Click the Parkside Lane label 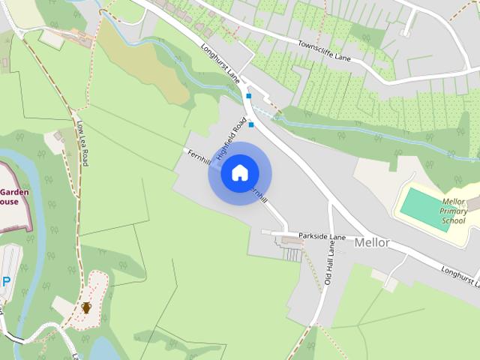[322, 237]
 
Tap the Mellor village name [371, 242]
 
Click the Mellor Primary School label [453, 211]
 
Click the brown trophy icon [86, 307]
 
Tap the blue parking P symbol [6, 282]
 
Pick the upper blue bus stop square [248, 96]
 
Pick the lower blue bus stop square [251, 124]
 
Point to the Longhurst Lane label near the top [220, 64]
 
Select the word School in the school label [453, 220]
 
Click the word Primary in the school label [453, 211]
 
